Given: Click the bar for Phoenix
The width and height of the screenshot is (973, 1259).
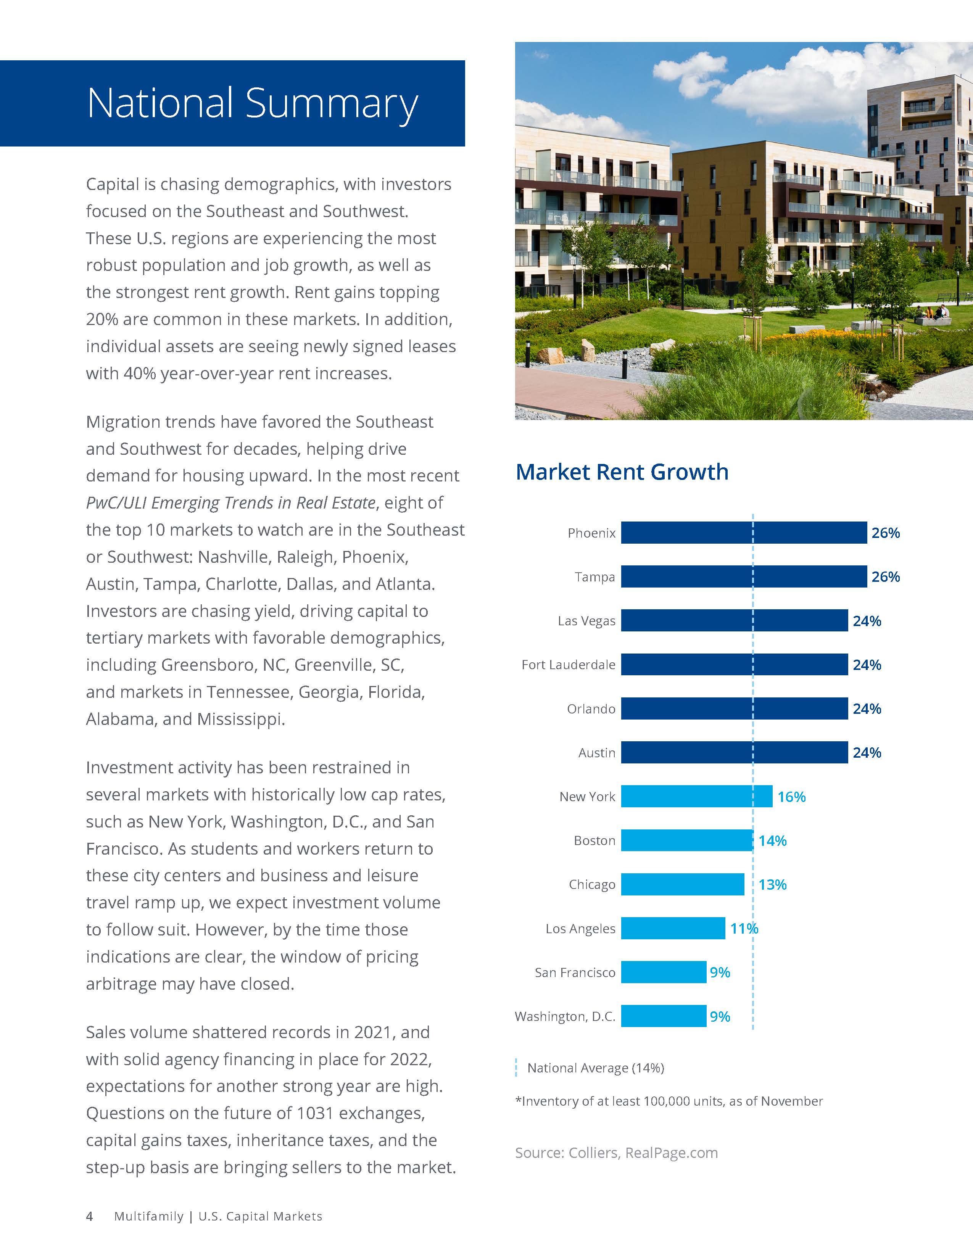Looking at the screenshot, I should click(x=744, y=533).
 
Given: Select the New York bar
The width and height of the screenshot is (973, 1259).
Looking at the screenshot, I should click(x=696, y=796).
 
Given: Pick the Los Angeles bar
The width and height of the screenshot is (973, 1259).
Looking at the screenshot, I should click(x=673, y=928).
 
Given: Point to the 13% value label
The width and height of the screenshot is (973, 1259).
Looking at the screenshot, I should click(x=772, y=884).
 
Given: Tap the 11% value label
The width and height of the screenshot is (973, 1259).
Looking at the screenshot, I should click(x=744, y=928).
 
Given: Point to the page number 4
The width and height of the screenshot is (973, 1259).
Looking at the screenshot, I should click(x=89, y=1216).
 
